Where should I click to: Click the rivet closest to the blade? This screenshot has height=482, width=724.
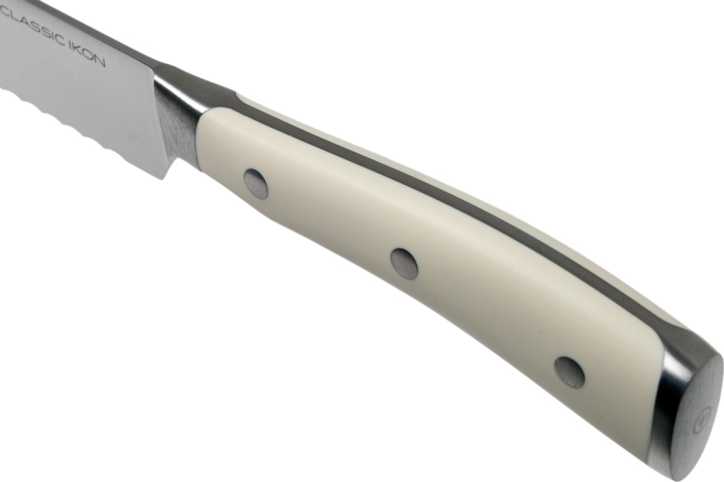[255, 183]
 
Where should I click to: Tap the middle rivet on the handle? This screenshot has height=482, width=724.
[404, 263]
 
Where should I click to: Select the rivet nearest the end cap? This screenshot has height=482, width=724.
[570, 372]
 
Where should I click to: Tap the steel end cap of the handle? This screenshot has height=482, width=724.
[688, 405]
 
